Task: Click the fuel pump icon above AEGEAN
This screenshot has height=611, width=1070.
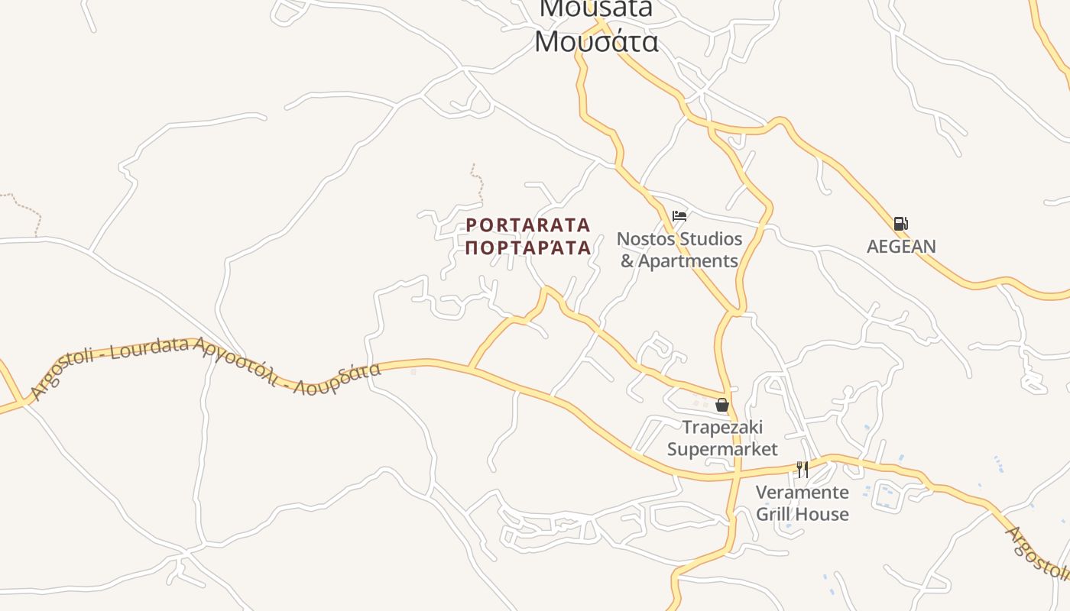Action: click(x=901, y=224)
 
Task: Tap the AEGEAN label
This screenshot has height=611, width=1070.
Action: click(x=901, y=247)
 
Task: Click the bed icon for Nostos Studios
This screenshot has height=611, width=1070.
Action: click(x=679, y=216)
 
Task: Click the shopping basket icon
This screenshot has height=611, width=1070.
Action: click(x=721, y=405)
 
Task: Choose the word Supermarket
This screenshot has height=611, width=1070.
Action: click(x=722, y=449)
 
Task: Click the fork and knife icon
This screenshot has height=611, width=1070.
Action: click(x=802, y=469)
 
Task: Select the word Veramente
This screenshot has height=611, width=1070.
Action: click(x=802, y=492)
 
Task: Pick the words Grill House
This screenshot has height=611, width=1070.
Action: click(x=802, y=514)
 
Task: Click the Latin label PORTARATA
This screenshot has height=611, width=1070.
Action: click(x=528, y=225)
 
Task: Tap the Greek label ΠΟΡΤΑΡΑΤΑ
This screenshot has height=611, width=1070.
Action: click(x=528, y=247)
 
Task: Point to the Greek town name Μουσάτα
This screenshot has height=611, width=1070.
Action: click(x=596, y=41)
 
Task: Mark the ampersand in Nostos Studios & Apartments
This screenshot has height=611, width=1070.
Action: click(x=627, y=261)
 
